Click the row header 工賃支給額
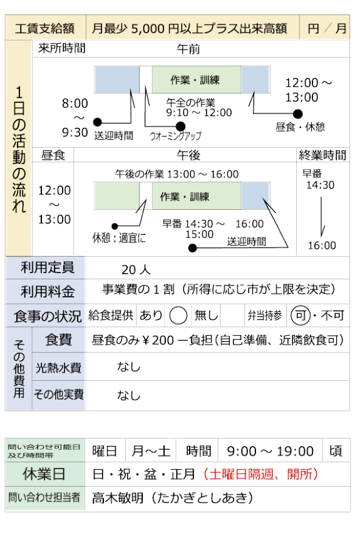point(45,28)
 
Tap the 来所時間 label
point(61,48)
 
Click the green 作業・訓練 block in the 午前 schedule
point(197,80)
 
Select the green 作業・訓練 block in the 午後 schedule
point(197,196)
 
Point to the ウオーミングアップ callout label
point(175,136)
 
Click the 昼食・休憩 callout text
point(300,127)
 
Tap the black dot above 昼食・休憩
point(298,114)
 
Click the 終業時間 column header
point(322,155)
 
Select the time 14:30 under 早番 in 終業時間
point(320,185)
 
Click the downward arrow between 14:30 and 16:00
point(322,217)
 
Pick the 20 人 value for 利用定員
point(136,269)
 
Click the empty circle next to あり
point(178,316)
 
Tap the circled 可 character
point(301,316)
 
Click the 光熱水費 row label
point(58,368)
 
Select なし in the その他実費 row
point(129,395)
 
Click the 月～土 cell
point(151,451)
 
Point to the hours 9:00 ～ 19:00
point(270,452)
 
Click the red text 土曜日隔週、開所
point(260,474)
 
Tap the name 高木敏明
point(118,498)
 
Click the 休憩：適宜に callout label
point(119,238)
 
